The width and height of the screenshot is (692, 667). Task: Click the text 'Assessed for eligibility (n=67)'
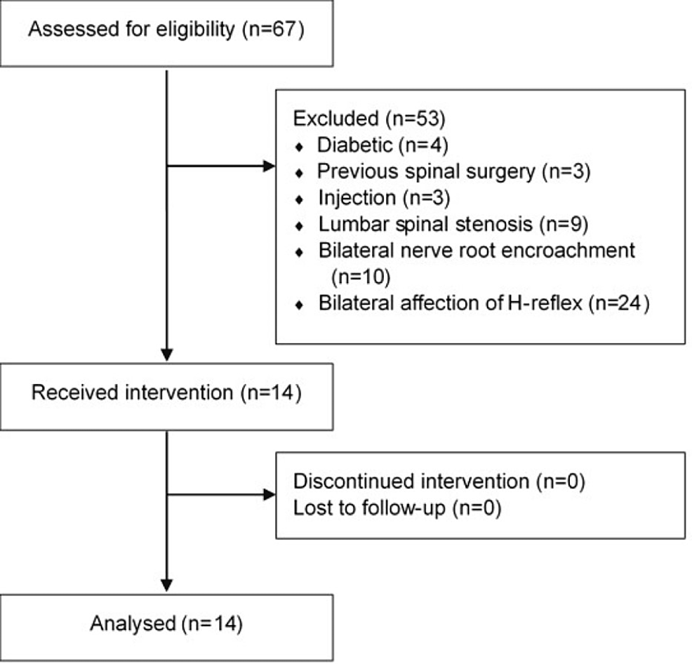pos(167,32)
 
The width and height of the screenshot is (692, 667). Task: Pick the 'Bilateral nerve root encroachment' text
pos(476,251)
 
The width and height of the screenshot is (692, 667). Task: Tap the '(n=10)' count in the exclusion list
pos(359,277)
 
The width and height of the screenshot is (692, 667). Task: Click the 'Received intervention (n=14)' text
pos(166,391)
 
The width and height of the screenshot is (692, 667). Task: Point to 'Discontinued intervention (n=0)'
pos(439,482)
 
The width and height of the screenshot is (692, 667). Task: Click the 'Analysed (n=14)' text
pos(166,624)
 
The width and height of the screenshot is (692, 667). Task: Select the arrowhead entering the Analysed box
pos(167,584)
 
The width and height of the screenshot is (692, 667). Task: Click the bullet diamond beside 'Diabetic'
pos(300,146)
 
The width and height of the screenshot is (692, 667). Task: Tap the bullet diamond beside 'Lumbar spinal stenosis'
pos(300,226)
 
